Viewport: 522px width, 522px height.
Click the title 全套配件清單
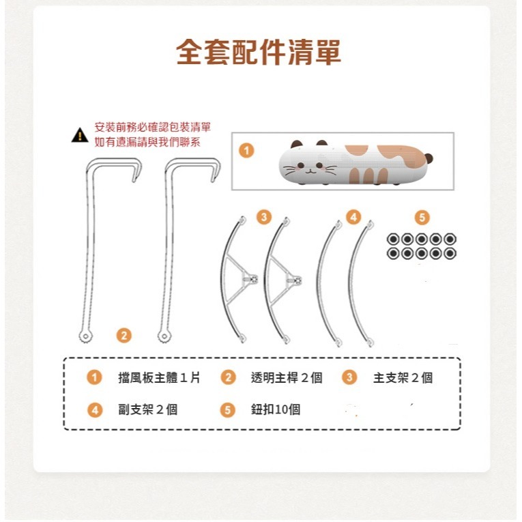pos(259,53)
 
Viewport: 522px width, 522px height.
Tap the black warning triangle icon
pos(80,135)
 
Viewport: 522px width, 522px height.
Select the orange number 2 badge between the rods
pos(124,335)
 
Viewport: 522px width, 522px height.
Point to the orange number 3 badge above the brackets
pos(263,218)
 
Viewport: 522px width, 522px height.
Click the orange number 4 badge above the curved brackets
pos(353,218)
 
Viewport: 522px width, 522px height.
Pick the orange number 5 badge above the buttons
pos(422,218)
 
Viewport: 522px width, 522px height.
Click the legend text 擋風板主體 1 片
pos(159,378)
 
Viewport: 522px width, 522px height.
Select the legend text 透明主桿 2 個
pos(286,378)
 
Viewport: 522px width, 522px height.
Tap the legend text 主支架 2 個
pos(403,378)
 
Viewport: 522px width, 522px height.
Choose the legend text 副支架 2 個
pos(147,409)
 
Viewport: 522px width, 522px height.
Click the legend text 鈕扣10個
pos(275,409)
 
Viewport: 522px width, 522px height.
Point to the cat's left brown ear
pos(297,145)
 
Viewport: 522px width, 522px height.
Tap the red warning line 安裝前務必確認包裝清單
pos(152,128)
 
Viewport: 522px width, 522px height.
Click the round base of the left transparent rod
pos(85,336)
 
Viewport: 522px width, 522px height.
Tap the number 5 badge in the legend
pos(228,409)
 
